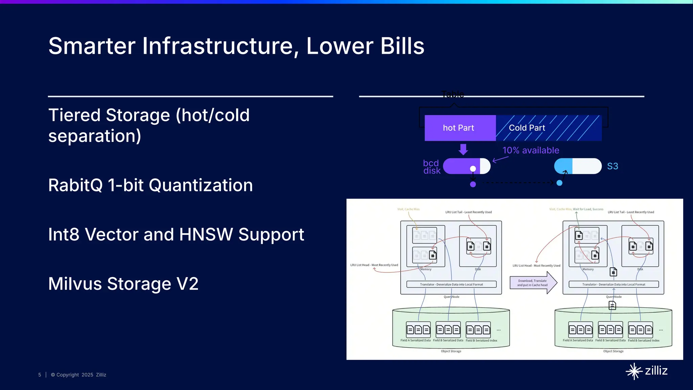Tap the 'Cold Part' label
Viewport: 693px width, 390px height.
(x=527, y=128)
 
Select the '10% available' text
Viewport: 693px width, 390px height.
(x=531, y=150)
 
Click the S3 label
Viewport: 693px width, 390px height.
(x=612, y=166)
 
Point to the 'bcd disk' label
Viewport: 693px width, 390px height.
(x=431, y=167)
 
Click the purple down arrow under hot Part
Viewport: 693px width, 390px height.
(x=463, y=149)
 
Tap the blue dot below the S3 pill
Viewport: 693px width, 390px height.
(x=559, y=183)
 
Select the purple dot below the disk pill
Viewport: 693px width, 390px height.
(x=473, y=184)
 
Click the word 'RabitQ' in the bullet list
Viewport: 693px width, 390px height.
(x=75, y=186)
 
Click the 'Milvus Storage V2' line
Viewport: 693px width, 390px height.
(x=123, y=284)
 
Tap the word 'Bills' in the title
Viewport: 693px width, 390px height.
(x=402, y=46)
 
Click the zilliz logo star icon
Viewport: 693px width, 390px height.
(x=634, y=371)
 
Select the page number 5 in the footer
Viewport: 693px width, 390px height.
(x=40, y=375)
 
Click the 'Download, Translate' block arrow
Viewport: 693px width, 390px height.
(x=533, y=283)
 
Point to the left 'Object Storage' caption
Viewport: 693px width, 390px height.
(x=451, y=351)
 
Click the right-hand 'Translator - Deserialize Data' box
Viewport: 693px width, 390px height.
(x=613, y=284)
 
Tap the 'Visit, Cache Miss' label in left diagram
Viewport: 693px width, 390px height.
(x=408, y=209)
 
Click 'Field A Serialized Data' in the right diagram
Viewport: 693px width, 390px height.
(x=577, y=340)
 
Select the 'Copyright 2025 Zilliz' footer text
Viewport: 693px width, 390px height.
(x=79, y=375)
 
